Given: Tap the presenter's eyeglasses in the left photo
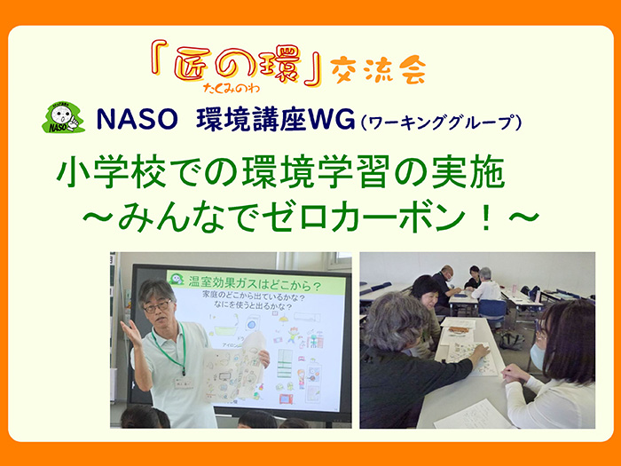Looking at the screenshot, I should pos(157,305).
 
